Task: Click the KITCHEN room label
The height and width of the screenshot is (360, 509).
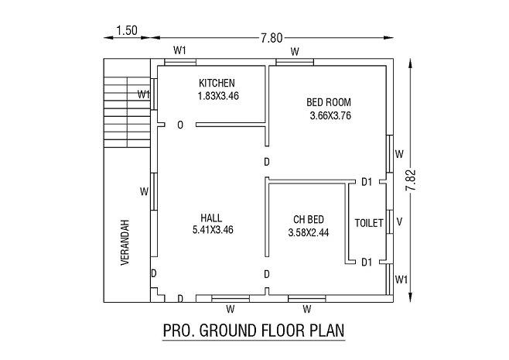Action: click(x=217, y=83)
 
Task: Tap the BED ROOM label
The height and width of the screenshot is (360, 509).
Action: click(x=329, y=103)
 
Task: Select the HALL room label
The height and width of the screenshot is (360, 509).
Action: click(x=211, y=218)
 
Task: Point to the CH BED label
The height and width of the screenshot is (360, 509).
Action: click(x=309, y=220)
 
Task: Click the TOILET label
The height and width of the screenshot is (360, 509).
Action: click(x=369, y=223)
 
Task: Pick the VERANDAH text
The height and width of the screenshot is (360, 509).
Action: click(x=125, y=242)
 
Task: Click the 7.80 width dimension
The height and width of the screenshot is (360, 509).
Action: click(x=272, y=38)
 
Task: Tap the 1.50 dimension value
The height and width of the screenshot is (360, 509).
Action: click(x=127, y=30)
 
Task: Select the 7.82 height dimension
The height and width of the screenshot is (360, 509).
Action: click(x=411, y=180)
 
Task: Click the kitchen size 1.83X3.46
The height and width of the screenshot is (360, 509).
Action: click(x=218, y=96)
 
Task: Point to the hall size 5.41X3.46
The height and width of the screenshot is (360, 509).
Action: click(x=213, y=230)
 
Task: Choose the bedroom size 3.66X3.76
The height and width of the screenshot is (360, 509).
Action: click(x=330, y=116)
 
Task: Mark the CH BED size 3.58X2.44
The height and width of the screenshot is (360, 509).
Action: click(x=309, y=232)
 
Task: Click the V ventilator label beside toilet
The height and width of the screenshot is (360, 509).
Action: click(x=400, y=222)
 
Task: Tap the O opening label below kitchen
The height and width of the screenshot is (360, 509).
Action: click(x=180, y=125)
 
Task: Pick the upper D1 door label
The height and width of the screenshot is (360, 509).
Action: click(x=367, y=182)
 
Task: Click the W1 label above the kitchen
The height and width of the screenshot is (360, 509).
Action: click(x=179, y=50)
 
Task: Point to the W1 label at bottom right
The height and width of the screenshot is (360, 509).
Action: click(x=401, y=279)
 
